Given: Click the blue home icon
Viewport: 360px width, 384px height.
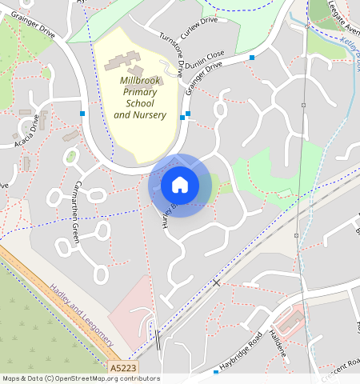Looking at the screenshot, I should (x=180, y=186).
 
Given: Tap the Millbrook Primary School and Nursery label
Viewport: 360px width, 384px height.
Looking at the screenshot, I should (x=139, y=98).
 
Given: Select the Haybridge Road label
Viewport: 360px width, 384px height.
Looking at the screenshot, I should (x=242, y=350).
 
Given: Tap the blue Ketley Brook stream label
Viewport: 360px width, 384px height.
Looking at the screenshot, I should (x=350, y=55).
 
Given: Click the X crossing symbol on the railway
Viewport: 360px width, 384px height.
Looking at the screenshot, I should (x=216, y=283).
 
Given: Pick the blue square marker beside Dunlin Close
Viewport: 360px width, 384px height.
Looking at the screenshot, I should (x=252, y=58).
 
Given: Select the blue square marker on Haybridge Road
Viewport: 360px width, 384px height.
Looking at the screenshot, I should (x=216, y=372).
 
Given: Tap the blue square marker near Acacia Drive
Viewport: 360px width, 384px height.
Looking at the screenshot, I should (x=82, y=114).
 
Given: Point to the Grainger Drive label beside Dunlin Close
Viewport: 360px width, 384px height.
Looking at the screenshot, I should (x=203, y=81).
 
